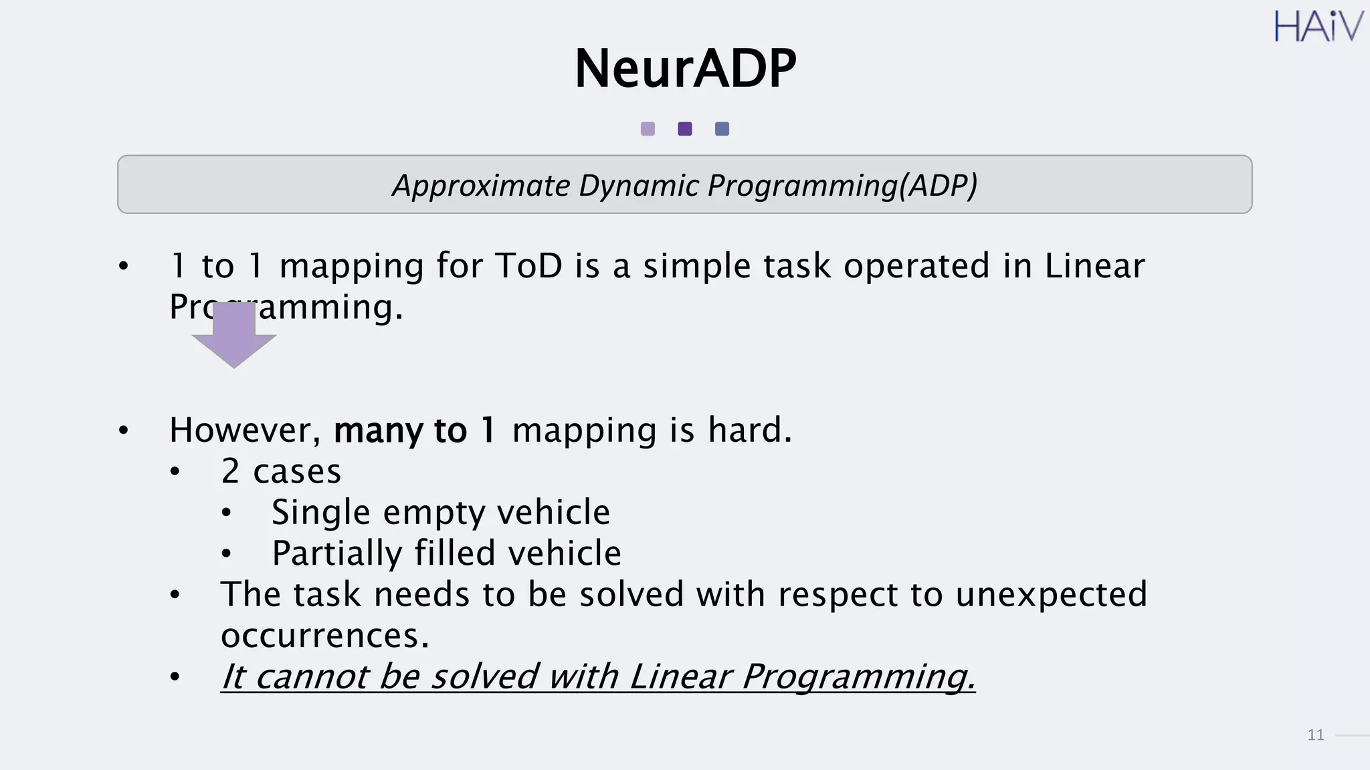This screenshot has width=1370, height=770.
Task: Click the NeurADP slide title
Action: tap(685, 69)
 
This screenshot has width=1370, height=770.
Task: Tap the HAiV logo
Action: tap(1318, 27)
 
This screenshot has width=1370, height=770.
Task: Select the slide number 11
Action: tap(1315, 735)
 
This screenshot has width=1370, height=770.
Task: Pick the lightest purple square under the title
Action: tap(648, 129)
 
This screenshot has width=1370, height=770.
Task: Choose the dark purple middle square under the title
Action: tap(685, 129)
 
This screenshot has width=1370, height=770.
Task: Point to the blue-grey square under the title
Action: tap(722, 129)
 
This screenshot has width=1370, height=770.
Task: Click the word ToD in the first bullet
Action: tap(528, 266)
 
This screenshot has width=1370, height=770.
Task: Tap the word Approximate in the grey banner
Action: tap(480, 186)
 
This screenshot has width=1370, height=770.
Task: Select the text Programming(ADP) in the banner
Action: tap(842, 186)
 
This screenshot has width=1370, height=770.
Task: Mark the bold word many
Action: tap(378, 431)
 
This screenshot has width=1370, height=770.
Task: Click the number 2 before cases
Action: tap(230, 471)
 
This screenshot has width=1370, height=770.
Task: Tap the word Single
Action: tap(320, 513)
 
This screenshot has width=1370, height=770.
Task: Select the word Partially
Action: tap(336, 553)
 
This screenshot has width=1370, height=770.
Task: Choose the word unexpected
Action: tap(1051, 595)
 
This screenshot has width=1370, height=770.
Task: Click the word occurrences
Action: tap(324, 636)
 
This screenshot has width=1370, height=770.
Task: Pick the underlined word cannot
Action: tap(311, 676)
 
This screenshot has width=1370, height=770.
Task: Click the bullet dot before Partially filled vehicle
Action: tap(226, 553)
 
